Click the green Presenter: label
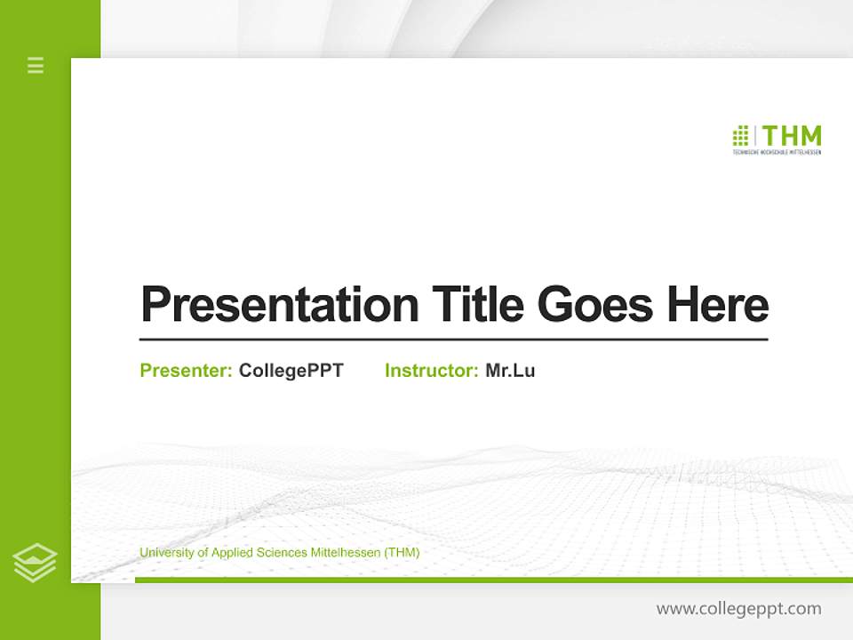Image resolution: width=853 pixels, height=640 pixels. point(186,371)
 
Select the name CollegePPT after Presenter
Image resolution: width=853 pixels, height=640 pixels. point(291,371)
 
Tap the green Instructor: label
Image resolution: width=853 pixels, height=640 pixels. point(431,371)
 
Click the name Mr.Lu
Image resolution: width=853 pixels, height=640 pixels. point(510,371)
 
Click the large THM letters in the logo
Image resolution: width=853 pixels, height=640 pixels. point(792,136)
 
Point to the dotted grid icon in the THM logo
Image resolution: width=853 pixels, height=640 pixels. point(740,136)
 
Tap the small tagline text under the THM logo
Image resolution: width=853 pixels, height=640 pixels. point(777,153)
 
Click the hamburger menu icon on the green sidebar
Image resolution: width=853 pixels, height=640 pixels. point(36,65)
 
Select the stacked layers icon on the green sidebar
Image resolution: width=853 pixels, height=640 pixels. point(35,563)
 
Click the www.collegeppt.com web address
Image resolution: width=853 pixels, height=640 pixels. point(738,609)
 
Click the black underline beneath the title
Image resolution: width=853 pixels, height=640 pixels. point(453,340)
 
